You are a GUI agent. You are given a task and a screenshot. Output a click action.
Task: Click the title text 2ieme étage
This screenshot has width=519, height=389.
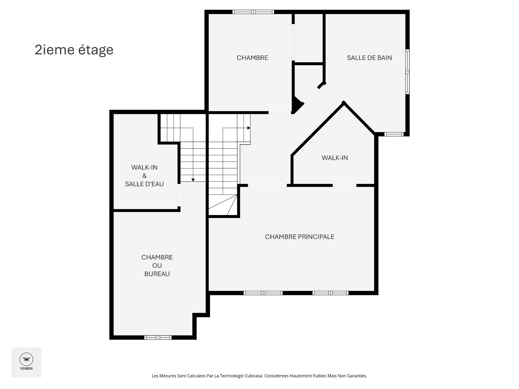pyautogui.click(x=74, y=50)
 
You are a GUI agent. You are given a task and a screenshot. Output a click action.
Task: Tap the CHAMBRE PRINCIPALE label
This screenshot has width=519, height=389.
pyautogui.click(x=300, y=237)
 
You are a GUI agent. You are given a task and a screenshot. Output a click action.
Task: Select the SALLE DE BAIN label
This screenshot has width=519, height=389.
pyautogui.click(x=369, y=58)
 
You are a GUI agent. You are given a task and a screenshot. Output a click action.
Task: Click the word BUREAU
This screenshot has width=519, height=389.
pyautogui.click(x=157, y=274)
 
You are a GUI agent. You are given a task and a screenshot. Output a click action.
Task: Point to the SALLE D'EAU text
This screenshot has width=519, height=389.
pyautogui.click(x=144, y=184)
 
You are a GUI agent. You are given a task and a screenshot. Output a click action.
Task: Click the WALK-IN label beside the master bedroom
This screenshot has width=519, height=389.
pyautogui.click(x=335, y=158)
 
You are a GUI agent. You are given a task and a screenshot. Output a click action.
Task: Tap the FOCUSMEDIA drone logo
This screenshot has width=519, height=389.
pyautogui.click(x=26, y=360)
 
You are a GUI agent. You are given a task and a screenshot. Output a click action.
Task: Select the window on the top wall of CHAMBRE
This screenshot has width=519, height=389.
pyautogui.click(x=253, y=12)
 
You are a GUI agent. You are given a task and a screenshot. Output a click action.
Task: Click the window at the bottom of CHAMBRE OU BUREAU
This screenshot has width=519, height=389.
pyautogui.click(x=158, y=337)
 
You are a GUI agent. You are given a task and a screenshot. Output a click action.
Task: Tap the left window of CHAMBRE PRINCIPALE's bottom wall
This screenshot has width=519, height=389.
pyautogui.click(x=263, y=293)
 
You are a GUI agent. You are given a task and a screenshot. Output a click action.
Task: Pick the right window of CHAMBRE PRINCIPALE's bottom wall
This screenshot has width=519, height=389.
pyautogui.click(x=330, y=293)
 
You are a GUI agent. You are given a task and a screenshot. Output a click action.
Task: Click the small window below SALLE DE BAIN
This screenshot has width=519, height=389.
pyautogui.click(x=394, y=134)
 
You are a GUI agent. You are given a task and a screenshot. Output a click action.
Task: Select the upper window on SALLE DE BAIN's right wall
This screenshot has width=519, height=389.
pyautogui.click(x=407, y=60)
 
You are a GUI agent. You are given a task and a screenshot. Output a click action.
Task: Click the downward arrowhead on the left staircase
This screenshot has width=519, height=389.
pyautogui.click(x=193, y=180)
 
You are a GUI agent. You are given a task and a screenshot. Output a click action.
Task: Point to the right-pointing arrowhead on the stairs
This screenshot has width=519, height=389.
pyautogui.click(x=249, y=128)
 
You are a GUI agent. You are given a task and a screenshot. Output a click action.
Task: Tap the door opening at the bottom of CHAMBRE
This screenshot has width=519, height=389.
pyautogui.click(x=280, y=112)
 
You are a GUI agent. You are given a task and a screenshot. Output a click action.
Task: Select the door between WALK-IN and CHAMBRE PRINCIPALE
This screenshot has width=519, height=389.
pyautogui.click(x=344, y=185)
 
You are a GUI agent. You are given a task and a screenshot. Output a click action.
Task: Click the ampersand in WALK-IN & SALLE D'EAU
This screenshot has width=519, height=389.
pyautogui.click(x=144, y=176)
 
